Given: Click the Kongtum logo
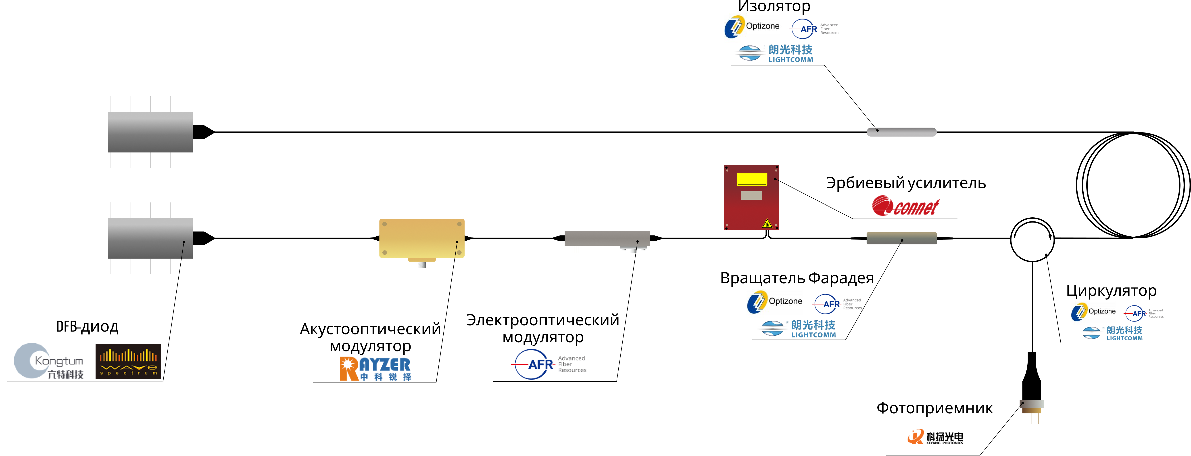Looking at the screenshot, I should pyautogui.click(x=48, y=361).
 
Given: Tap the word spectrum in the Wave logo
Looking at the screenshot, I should pyautogui.click(x=129, y=373).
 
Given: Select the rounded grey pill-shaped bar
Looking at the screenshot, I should pyautogui.click(x=902, y=132).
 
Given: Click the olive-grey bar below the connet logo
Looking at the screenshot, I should pyautogui.click(x=902, y=238).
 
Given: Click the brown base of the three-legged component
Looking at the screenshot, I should pyautogui.click(x=1031, y=411).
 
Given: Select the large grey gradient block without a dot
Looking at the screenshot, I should pyautogui.click(x=150, y=132).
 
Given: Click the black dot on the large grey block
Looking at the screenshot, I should pyautogui.click(x=184, y=242).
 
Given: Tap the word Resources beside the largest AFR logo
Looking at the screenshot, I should pyautogui.click(x=572, y=370).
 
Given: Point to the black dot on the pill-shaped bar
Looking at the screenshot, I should pyautogui.click(x=877, y=130).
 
